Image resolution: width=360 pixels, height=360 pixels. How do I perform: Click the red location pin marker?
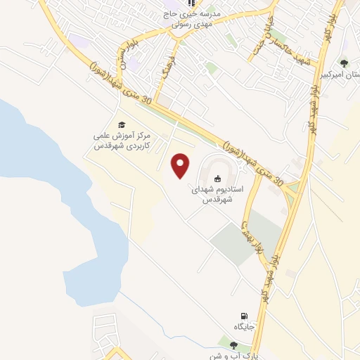[181, 165]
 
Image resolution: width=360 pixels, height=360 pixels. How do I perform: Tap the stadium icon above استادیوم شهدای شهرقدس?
[217, 178]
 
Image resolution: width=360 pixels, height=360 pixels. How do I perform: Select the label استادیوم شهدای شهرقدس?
[217, 195]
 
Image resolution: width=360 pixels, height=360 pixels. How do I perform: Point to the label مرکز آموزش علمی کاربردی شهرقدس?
[122, 141]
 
